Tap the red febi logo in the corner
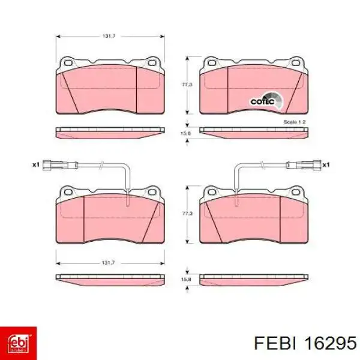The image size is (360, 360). [19, 343]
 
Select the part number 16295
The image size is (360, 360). [331, 343]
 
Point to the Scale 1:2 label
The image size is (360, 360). [295, 122]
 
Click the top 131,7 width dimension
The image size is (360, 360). [109, 36]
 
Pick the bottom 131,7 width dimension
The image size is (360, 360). [109, 262]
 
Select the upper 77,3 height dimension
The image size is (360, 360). [187, 85]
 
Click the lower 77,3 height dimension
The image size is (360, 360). [187, 213]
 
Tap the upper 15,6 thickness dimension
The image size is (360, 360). [186, 133]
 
